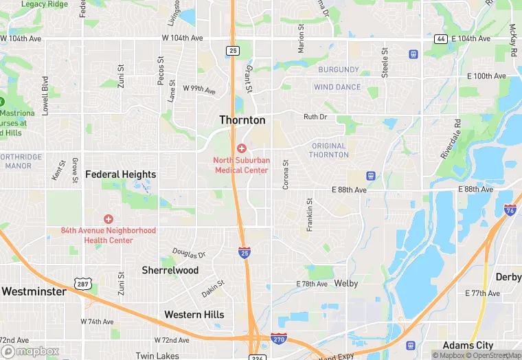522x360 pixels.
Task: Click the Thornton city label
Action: [242, 120]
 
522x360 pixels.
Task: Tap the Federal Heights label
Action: [120, 175]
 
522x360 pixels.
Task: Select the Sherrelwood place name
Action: [170, 270]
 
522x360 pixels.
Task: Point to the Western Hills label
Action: [194, 315]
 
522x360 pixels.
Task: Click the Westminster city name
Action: [34, 291]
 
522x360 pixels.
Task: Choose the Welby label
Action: [346, 283]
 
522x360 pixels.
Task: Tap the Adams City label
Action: [468, 345]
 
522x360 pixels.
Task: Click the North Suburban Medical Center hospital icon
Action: [241, 148]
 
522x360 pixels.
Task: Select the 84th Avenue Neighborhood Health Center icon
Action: [108, 218]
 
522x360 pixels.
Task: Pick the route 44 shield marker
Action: [440, 38]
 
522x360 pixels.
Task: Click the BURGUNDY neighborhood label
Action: [338, 70]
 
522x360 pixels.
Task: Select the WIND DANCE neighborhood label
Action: [337, 87]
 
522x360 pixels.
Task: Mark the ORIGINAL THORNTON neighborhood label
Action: [329, 150]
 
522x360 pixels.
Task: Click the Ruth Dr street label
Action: [315, 117]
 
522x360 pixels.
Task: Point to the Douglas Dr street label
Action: [189, 254]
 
